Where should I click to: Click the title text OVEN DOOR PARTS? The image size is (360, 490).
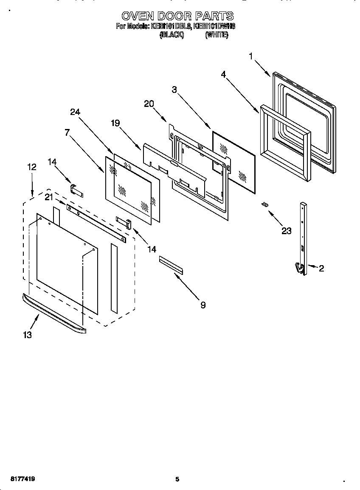(x=177, y=16)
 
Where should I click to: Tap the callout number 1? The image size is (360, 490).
(x=251, y=56)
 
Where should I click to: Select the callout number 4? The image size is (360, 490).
(x=223, y=74)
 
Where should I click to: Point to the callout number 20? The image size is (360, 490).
(x=149, y=104)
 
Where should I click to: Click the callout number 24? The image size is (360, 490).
(x=75, y=112)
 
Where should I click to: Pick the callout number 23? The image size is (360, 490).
(x=287, y=231)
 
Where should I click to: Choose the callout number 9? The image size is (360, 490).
(x=203, y=305)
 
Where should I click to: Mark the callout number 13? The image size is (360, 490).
(x=27, y=335)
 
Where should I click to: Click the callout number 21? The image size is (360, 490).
(x=49, y=197)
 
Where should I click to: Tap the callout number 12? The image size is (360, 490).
(x=32, y=167)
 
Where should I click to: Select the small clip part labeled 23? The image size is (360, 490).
(x=264, y=204)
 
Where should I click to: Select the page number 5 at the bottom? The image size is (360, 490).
(x=177, y=479)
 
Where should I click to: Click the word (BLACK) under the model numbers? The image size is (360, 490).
(x=172, y=36)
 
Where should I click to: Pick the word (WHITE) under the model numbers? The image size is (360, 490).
(x=217, y=36)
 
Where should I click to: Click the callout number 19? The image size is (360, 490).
(x=115, y=123)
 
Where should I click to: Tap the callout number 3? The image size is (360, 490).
(x=174, y=90)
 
